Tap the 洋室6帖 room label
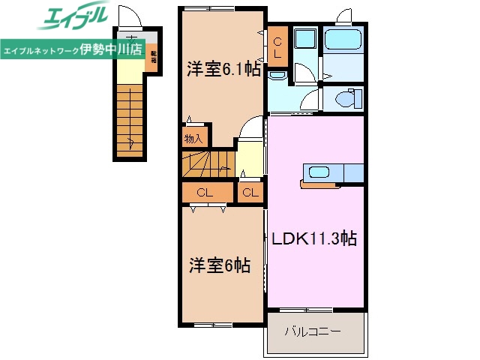pos(219,265)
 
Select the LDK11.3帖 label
pos(313,239)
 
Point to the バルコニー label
pos(313,331)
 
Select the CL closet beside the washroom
pos(277,48)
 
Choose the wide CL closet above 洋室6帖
pos(205,193)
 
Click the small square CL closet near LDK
pos(250,193)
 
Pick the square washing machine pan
pos(304,43)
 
